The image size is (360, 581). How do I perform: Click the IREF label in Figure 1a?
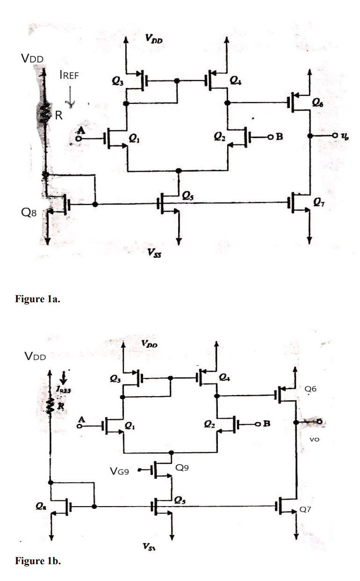click(x=69, y=77)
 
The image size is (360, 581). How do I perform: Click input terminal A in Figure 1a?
click(x=80, y=138)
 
